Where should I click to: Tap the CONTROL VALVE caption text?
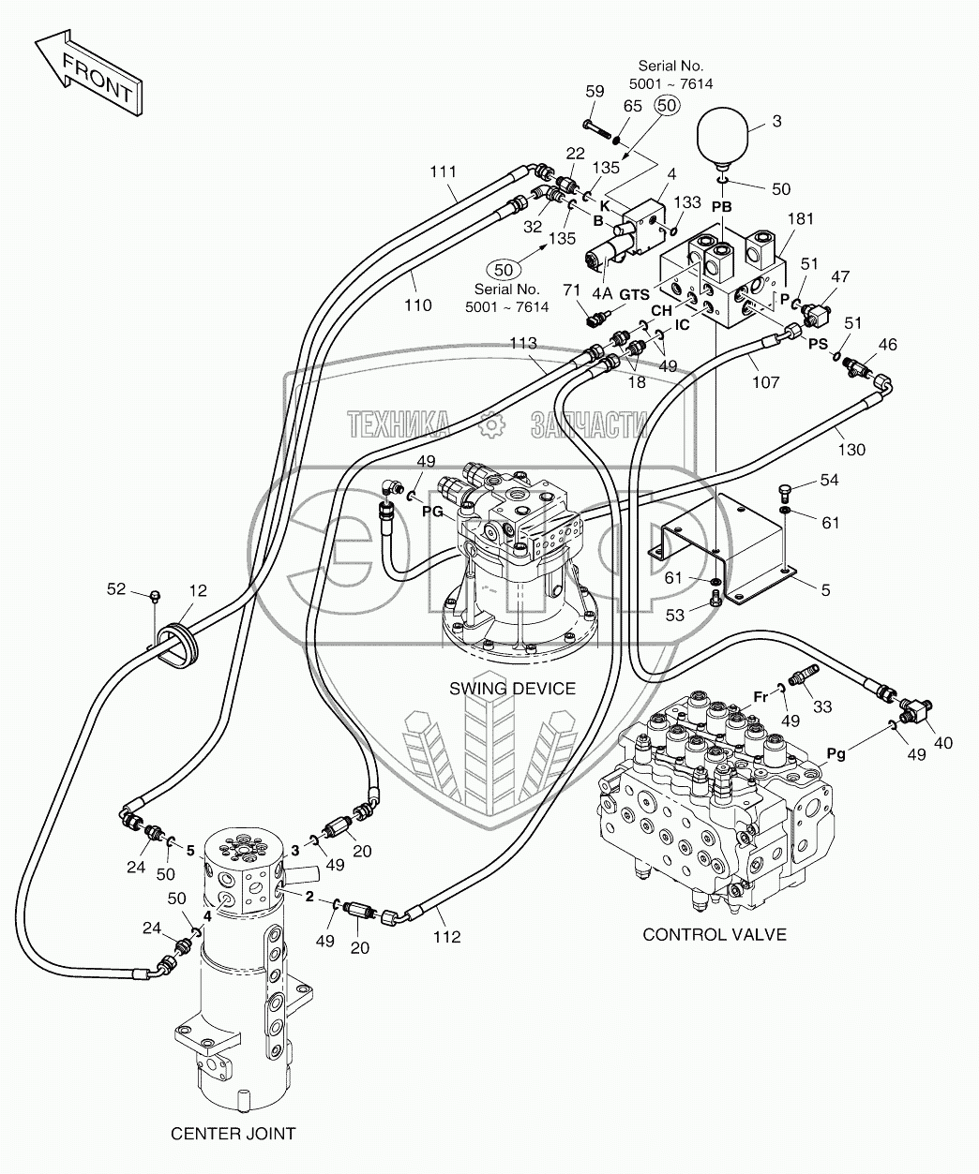[714, 934]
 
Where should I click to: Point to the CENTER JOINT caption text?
[233, 1134]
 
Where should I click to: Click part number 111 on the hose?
[443, 171]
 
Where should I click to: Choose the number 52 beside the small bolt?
[115, 588]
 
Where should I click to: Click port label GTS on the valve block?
[634, 294]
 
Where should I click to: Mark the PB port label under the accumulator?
[721, 205]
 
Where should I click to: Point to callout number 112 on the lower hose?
[447, 938]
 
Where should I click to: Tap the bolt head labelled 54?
[786, 490]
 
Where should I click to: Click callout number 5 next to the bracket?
[824, 590]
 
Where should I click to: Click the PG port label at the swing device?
[432, 512]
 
